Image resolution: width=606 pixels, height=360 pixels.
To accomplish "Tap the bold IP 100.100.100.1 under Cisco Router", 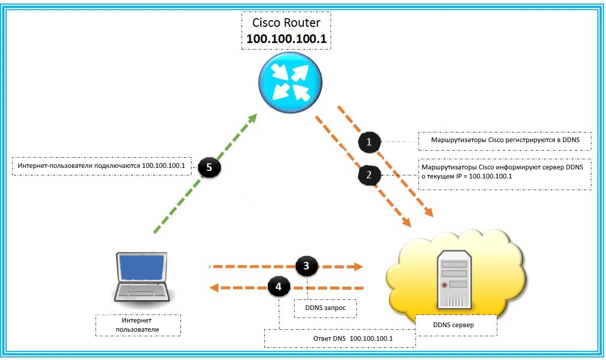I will click(287, 38).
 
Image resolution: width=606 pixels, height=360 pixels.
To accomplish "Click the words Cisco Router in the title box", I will click(287, 23).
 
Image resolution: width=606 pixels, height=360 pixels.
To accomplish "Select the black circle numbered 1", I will click(369, 142).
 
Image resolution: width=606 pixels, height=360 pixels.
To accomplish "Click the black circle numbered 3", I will click(307, 265).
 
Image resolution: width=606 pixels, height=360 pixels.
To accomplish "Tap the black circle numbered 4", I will click(278, 287).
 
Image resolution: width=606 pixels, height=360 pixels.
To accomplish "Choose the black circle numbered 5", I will click(209, 167).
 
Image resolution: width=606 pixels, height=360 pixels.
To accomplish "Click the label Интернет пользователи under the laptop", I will click(137, 325).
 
